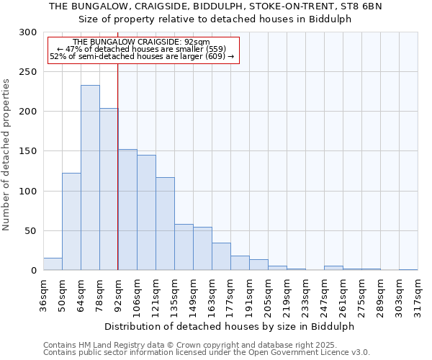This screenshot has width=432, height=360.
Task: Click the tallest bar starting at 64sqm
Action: coord(90,178)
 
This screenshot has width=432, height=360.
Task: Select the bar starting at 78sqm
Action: coord(109,189)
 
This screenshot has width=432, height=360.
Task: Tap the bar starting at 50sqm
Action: coord(71,222)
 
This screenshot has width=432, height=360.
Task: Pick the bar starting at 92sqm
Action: coord(127,210)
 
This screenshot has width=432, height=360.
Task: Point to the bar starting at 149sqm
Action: coord(202,248)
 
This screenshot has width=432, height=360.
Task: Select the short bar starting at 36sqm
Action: coord(53,264)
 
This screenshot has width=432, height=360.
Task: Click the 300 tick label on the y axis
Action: coord(28,32)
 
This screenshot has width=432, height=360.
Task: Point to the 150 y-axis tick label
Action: coord(28,151)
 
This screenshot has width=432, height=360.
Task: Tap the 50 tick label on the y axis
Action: coord(31,231)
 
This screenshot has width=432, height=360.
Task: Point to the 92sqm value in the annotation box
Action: coord(197,42)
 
